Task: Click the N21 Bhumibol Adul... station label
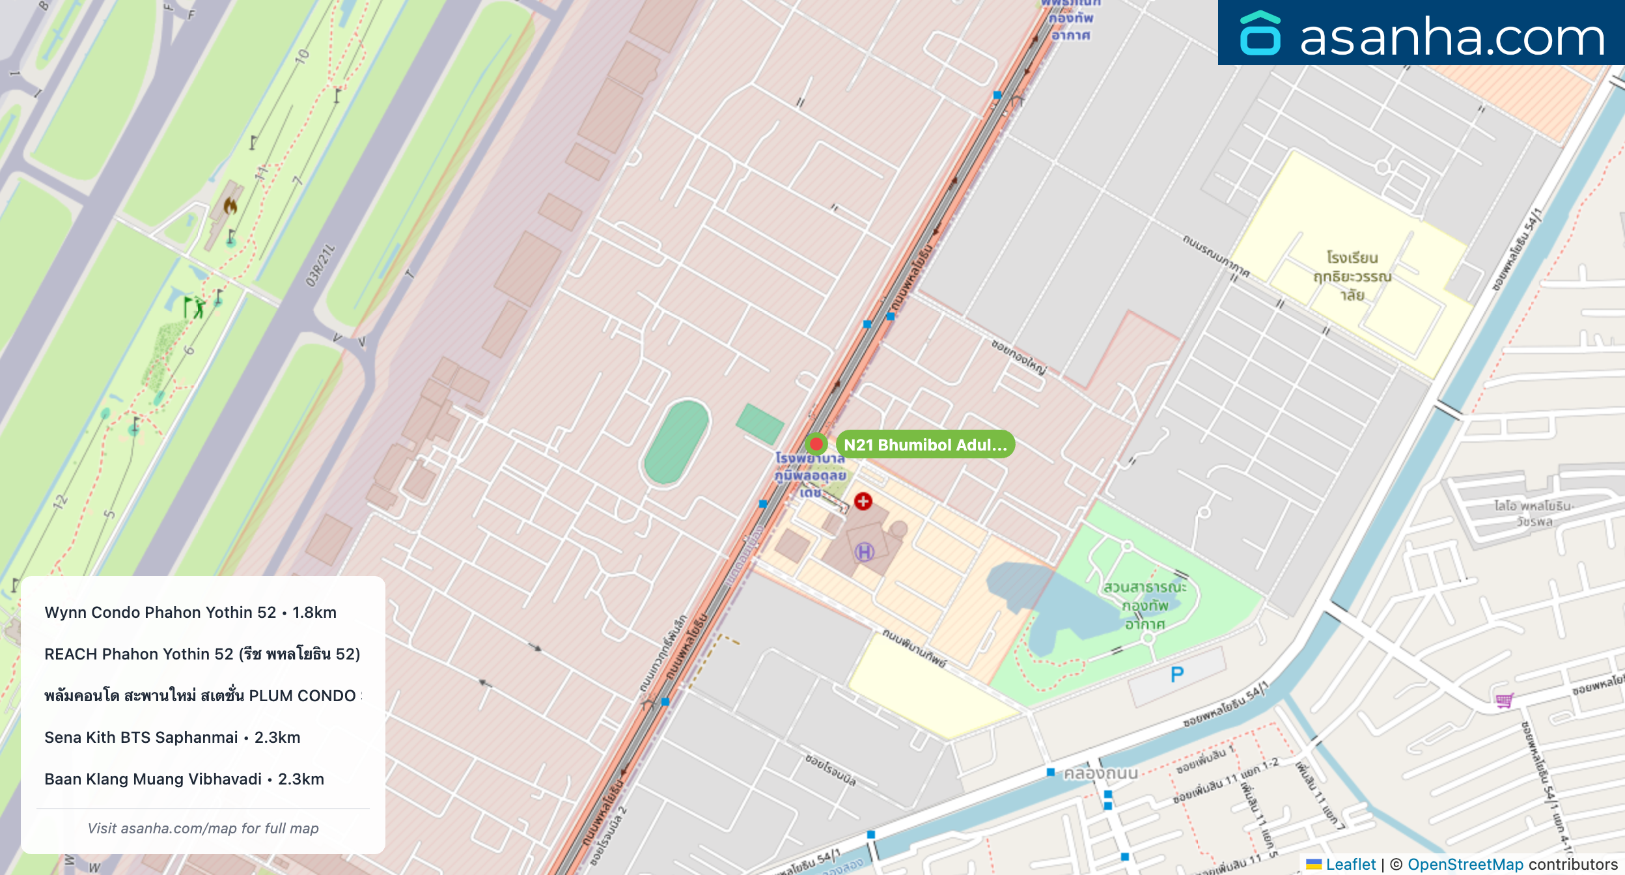click(924, 445)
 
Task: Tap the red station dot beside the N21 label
click(816, 444)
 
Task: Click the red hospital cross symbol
click(863, 501)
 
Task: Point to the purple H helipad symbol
click(864, 553)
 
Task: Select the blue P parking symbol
click(1176, 674)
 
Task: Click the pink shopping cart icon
click(1504, 701)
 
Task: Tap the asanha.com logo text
click(1451, 37)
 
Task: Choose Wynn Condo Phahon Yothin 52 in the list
click(190, 613)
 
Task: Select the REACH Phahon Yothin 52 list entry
click(202, 654)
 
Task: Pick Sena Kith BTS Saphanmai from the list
click(173, 738)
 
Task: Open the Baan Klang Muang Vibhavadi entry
click(184, 779)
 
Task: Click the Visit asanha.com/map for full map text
click(203, 828)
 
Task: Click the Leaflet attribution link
click(1350, 864)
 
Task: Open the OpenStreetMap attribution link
click(1465, 864)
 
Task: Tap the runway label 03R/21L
click(320, 266)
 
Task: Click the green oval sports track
click(676, 442)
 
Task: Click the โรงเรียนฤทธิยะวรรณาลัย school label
click(1352, 277)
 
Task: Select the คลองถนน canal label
click(1100, 773)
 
